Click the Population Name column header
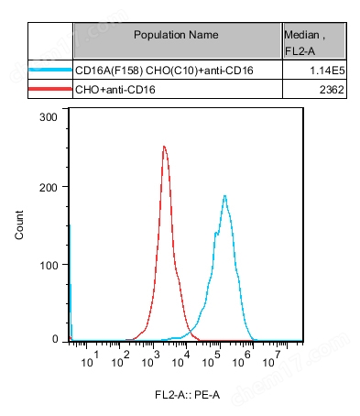pos(176,35)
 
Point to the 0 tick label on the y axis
pos(55,340)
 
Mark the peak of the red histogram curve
pos(164,146)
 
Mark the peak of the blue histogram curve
pos(224,195)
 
